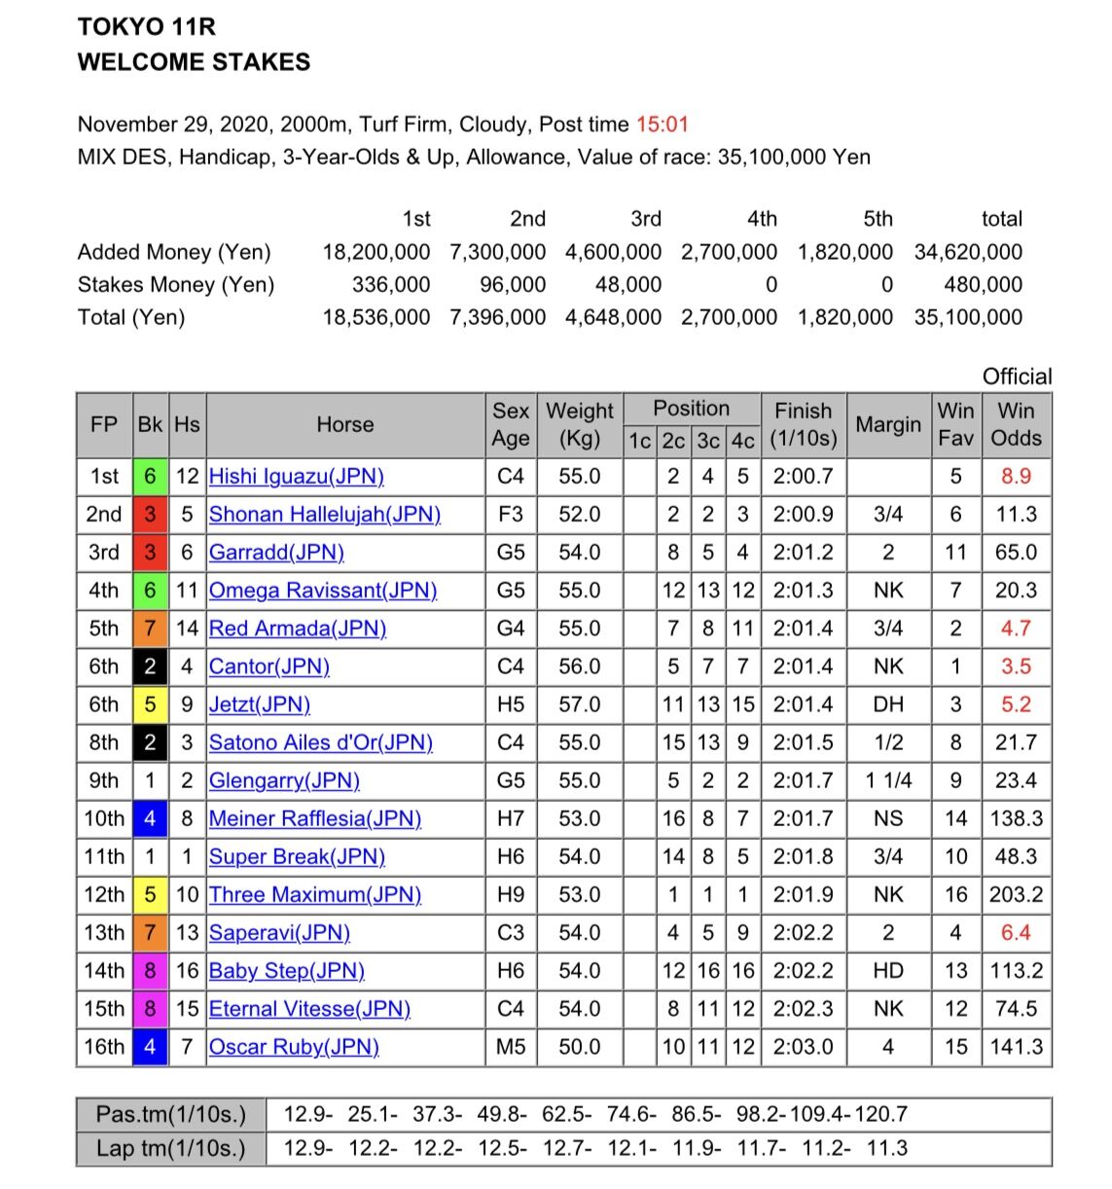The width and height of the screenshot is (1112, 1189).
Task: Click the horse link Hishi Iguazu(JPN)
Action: [297, 477]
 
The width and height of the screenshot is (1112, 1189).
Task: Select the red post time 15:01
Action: [662, 125]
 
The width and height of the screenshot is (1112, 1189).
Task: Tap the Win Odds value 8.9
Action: [1016, 477]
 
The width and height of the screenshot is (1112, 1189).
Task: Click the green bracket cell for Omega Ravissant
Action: [150, 591]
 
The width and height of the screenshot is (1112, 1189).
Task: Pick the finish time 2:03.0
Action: [803, 1047]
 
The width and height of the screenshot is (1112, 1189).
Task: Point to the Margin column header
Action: [887, 424]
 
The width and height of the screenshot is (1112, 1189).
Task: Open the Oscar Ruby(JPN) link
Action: [294, 1047]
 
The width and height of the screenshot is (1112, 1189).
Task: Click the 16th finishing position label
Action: [104, 1047]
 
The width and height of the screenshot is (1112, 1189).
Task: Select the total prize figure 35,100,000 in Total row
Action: [968, 317]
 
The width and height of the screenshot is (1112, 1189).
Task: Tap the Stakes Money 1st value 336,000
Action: [390, 284]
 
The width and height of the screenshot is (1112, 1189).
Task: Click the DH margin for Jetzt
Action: [887, 704]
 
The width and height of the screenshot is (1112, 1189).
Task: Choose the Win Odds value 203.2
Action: [1016, 894]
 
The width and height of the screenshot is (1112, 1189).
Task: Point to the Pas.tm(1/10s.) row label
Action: [171, 1114]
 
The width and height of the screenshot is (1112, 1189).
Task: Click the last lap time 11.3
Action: [886, 1148]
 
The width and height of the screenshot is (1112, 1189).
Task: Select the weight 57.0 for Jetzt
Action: [579, 704]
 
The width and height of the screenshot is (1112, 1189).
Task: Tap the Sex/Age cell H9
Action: [510, 894]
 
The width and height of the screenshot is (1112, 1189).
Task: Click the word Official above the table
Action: [1017, 377]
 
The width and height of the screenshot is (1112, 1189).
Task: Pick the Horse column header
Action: [344, 424]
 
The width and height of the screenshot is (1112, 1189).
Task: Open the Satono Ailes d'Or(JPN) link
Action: [320, 742]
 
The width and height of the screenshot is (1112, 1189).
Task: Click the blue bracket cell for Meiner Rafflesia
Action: [150, 818]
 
